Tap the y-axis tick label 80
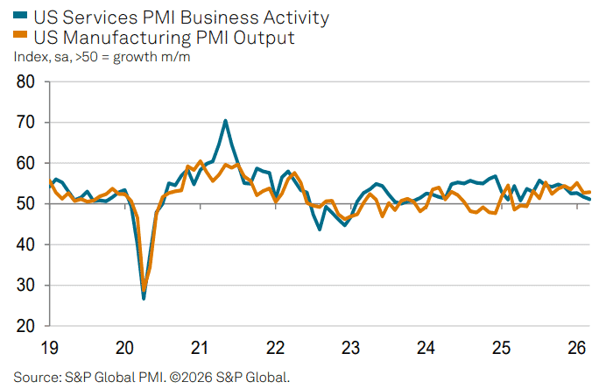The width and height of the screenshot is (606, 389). (26, 82)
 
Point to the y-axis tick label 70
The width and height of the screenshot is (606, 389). (26, 123)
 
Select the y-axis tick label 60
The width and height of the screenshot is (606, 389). (26, 164)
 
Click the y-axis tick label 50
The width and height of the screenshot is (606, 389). (26, 204)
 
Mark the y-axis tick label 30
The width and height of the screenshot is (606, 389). (26, 286)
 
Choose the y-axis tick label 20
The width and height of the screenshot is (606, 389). (26, 326)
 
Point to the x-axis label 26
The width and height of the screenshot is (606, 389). (577, 348)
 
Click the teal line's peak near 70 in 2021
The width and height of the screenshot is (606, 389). (226, 120)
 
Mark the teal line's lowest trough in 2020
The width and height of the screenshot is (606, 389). (144, 299)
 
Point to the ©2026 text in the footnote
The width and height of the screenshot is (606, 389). (191, 378)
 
